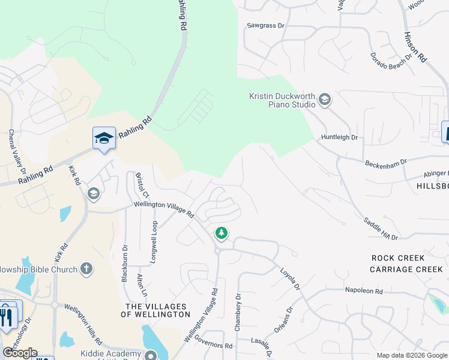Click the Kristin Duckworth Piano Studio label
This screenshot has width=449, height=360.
click(282, 100)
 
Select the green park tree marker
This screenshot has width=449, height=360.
click(222, 233)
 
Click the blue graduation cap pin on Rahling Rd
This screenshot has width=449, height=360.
click(104, 139)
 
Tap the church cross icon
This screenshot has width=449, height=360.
click(86, 269)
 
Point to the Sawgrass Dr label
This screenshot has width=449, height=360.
click(265, 26)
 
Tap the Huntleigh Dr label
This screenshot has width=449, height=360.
click(340, 137)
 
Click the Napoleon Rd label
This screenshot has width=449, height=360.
click(364, 291)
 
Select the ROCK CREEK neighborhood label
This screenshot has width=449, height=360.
click(398, 258)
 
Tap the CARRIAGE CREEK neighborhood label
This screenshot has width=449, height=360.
click(406, 269)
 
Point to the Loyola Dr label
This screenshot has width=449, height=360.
click(290, 280)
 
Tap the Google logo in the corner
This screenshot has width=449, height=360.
click(20, 353)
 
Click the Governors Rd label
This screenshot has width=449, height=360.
click(214, 346)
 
